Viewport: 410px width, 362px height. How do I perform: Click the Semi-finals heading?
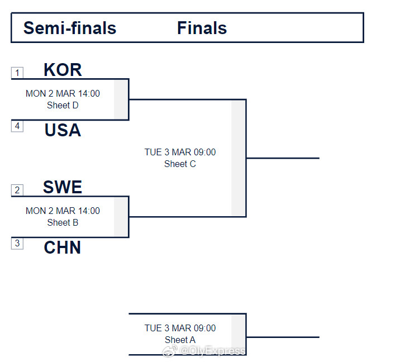70,28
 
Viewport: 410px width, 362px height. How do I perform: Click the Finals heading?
202,28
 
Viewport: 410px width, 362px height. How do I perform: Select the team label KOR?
63,70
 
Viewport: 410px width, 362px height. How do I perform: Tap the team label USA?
63,130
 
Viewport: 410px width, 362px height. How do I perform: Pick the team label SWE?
63,187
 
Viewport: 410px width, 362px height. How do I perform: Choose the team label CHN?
63,247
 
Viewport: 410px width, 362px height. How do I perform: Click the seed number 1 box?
17,73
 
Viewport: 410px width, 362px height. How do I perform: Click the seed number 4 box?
17,126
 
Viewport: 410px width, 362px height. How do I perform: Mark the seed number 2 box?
17,190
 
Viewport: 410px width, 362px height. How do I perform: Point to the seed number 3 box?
17,244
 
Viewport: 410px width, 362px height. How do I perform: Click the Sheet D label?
63,105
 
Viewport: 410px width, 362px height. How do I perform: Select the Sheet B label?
63,222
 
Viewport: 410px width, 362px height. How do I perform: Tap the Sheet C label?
180,164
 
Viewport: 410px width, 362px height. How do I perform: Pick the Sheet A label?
180,340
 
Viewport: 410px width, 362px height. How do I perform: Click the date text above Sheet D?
63,93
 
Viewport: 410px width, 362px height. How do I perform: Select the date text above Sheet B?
63,211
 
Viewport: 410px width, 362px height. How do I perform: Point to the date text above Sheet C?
180,152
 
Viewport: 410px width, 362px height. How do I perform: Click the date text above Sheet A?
180,328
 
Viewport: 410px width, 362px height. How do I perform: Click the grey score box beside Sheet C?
239,158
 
